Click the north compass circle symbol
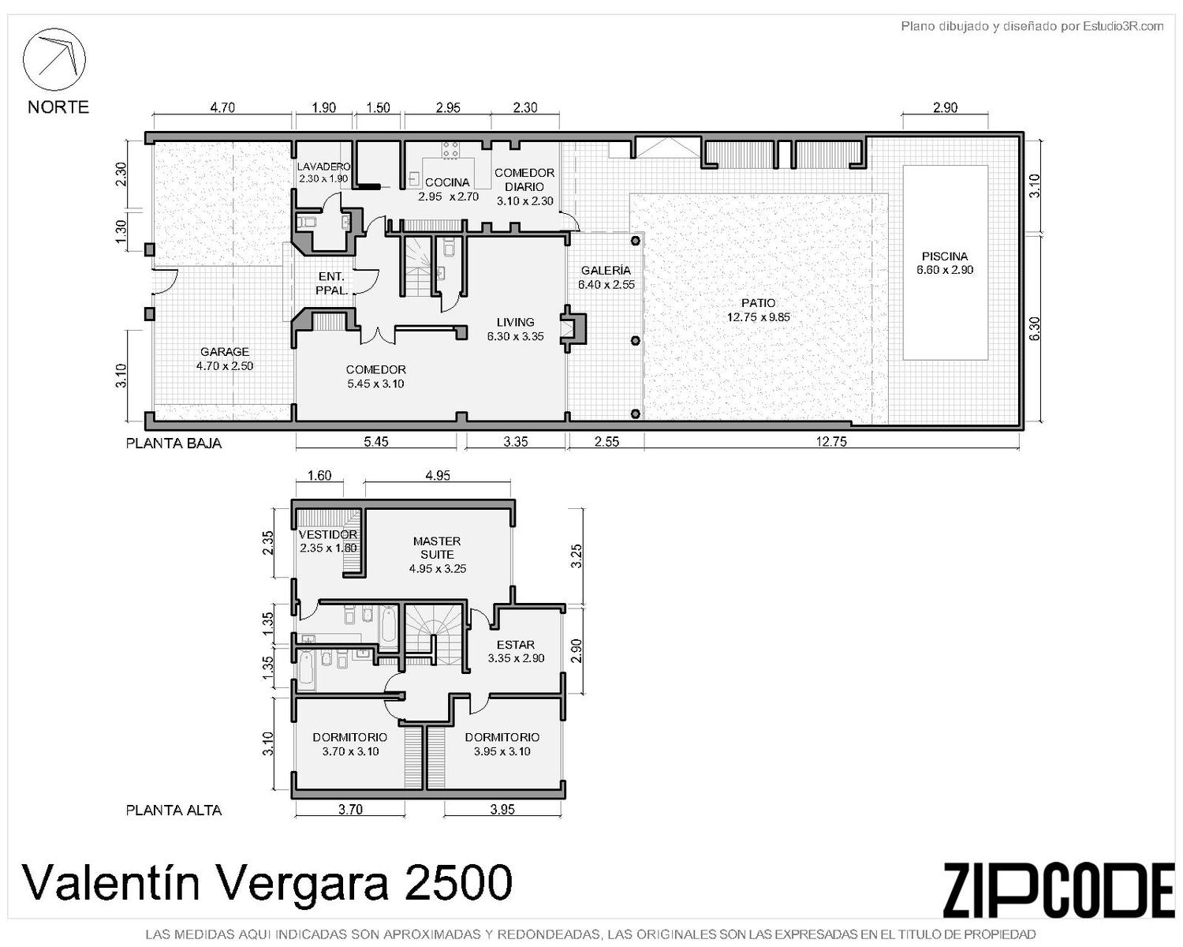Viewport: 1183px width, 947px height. point(54,59)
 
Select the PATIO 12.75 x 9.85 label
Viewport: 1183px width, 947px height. point(758,310)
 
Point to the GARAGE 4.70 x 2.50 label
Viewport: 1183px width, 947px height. point(224,359)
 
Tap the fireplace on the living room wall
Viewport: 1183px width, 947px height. point(573,329)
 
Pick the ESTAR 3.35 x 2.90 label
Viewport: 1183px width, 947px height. point(516,652)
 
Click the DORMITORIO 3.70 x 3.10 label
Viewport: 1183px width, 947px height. point(349,744)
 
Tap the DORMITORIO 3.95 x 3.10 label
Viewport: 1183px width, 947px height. point(502,744)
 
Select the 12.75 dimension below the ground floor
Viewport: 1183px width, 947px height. point(830,441)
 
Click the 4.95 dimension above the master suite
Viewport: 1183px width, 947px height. point(438,475)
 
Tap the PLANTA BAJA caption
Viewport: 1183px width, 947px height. point(174,444)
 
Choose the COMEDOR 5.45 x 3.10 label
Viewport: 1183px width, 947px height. point(375,377)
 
